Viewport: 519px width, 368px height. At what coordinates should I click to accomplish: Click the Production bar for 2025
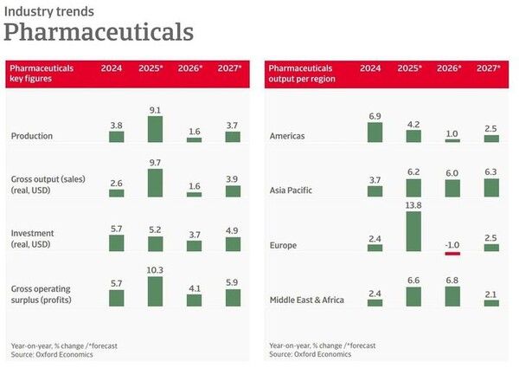tap(155, 129)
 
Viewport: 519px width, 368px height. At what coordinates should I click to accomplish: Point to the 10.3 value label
tap(154, 271)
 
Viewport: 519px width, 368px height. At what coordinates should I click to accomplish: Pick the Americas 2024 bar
tap(375, 132)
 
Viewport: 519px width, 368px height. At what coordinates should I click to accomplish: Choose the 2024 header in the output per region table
tap(370, 68)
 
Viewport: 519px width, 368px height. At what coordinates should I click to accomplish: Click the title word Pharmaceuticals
tap(98, 32)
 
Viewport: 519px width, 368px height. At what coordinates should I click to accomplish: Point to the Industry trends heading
tap(49, 11)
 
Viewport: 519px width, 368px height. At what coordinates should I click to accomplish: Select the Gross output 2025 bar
tap(155, 183)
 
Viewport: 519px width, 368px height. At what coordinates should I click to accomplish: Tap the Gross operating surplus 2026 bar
tap(194, 300)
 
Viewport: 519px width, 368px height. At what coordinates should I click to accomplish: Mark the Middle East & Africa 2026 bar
tap(451, 295)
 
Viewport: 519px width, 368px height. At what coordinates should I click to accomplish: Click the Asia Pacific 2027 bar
tap(490, 187)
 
